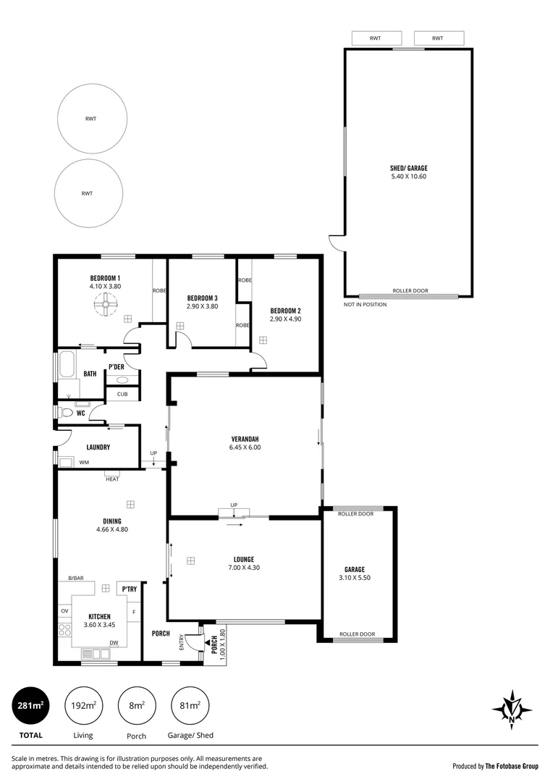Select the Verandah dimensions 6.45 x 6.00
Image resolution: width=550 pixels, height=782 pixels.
(245, 447)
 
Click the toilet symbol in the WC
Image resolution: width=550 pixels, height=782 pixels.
(67, 413)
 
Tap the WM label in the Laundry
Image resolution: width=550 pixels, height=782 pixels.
(84, 462)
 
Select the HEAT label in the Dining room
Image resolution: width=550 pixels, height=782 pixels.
(112, 479)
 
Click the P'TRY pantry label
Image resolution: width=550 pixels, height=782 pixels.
(130, 589)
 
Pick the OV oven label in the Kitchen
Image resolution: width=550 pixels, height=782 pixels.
(64, 611)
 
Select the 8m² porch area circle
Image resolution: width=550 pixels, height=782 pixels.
(136, 705)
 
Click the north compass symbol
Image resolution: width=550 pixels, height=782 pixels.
(512, 708)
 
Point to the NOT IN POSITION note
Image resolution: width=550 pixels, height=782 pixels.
(365, 305)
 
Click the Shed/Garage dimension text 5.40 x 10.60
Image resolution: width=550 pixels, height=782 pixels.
(408, 176)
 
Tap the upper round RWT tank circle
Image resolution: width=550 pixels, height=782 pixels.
(92, 119)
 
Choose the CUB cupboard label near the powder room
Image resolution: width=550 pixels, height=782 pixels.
(122, 394)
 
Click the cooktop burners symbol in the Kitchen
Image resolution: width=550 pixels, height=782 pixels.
(65, 631)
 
